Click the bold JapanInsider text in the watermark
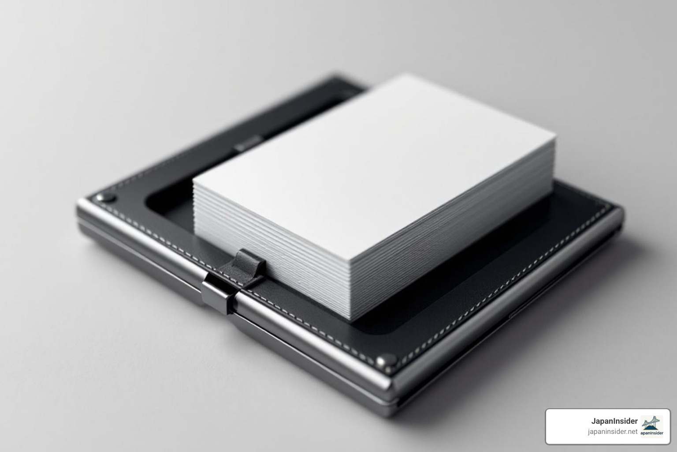pos(614,421)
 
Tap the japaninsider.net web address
pos(613,432)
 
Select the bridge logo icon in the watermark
pos(652,423)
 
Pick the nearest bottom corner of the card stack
pos(350,320)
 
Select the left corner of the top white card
pos(193,182)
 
